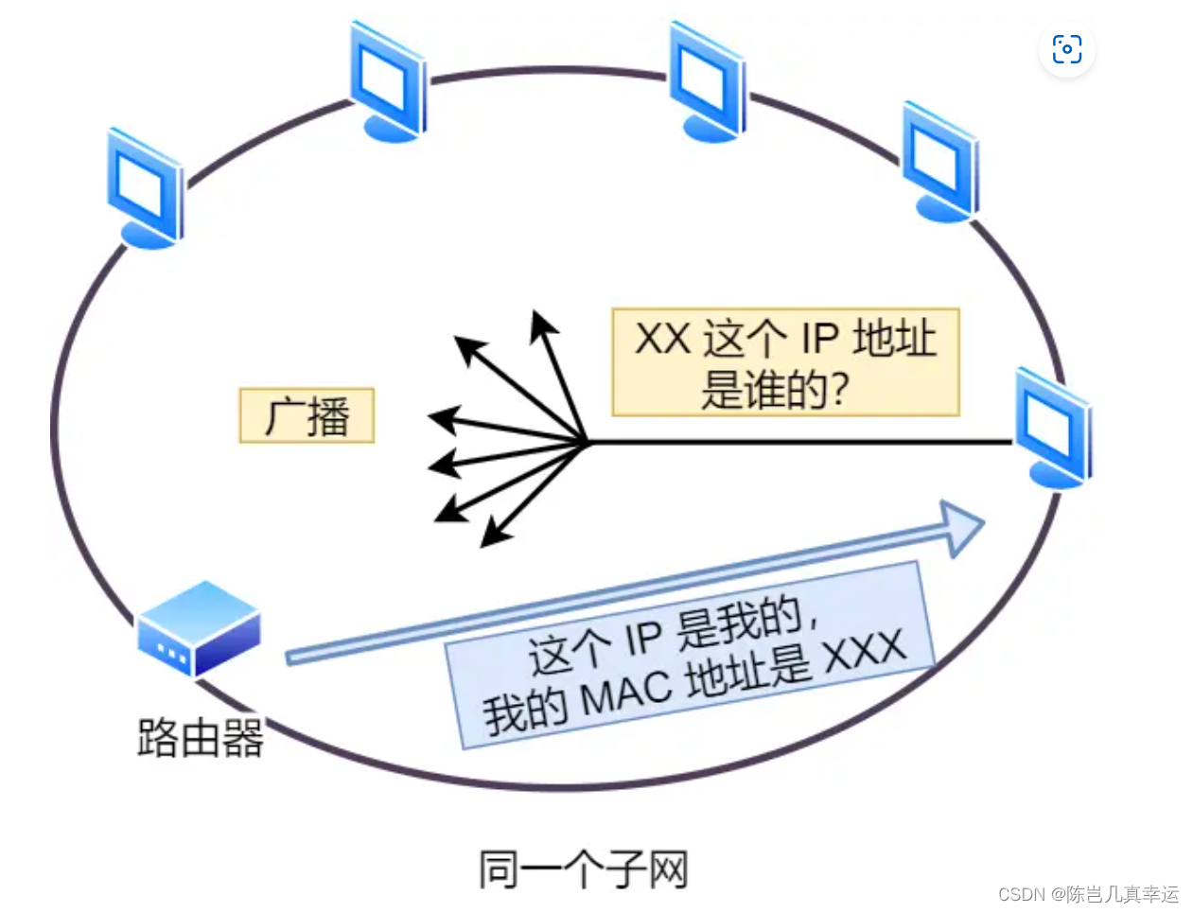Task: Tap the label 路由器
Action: click(x=200, y=738)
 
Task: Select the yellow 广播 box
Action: click(x=307, y=415)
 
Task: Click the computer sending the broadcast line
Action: click(x=1053, y=428)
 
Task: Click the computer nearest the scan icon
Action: click(x=939, y=163)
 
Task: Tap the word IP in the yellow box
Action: click(x=821, y=339)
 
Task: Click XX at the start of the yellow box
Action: click(x=661, y=339)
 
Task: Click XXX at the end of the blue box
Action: click(x=864, y=652)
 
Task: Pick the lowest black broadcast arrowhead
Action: click(x=493, y=536)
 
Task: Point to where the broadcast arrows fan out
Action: click(x=587, y=441)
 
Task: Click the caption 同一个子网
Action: click(x=583, y=869)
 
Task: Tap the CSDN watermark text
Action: click(x=1087, y=894)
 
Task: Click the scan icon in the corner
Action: click(x=1066, y=49)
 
